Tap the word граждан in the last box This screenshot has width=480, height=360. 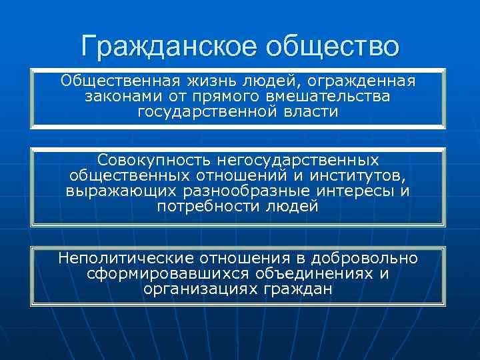297,289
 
